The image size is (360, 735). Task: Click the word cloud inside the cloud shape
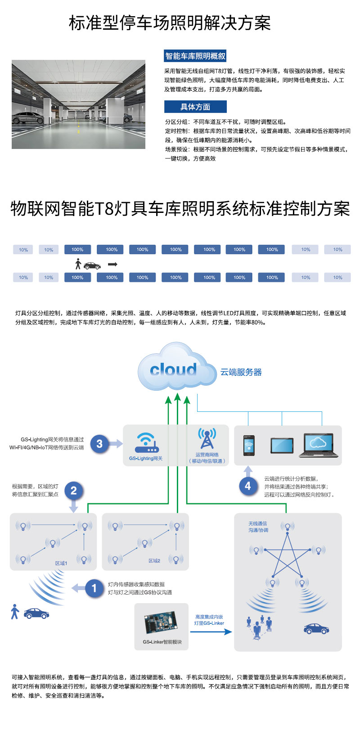point(173,370)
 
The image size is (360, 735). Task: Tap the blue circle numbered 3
point(99,444)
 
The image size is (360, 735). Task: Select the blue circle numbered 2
point(74,490)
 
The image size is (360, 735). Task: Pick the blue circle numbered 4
point(247,486)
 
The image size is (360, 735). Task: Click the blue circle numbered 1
point(94,588)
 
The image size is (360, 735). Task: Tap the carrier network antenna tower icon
point(207,438)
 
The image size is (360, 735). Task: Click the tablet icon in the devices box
point(282,445)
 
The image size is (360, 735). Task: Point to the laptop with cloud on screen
point(318,445)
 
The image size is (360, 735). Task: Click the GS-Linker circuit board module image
point(161,623)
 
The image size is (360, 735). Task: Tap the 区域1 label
point(61,563)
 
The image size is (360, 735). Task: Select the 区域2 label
point(154,561)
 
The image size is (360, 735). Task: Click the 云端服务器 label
point(241,372)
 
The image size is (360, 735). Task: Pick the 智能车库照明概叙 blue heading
point(195,56)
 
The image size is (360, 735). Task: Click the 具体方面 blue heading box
point(195,107)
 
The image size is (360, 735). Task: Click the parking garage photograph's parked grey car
point(28,118)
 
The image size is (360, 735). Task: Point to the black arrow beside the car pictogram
point(112,264)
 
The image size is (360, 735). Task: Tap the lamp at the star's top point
point(287,526)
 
